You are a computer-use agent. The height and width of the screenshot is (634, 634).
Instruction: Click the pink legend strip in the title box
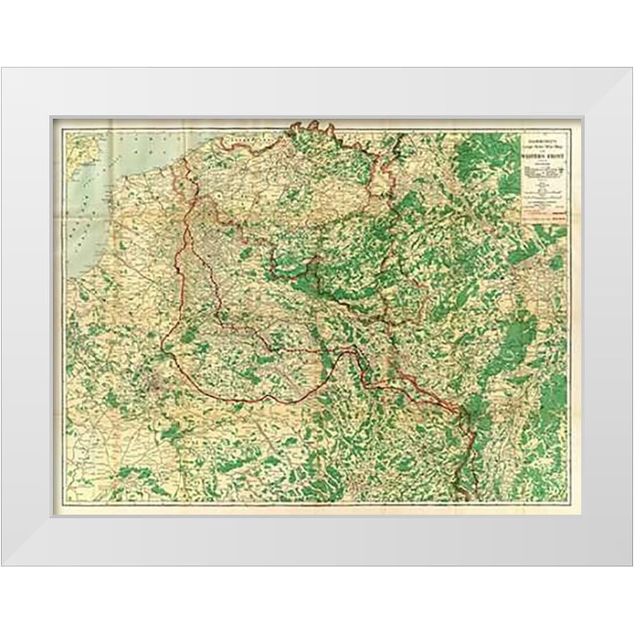point(543,216)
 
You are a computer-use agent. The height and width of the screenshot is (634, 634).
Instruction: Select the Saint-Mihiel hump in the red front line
point(347,355)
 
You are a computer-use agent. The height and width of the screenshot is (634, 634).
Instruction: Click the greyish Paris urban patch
point(155,380)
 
